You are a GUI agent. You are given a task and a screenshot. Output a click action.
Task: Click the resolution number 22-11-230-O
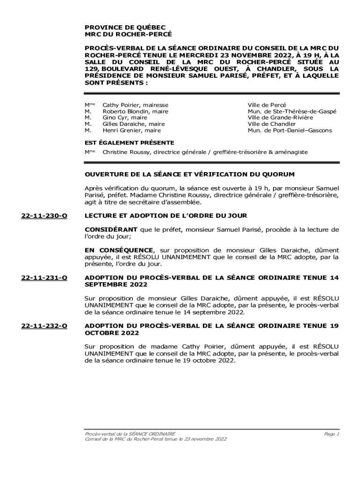[x=44, y=216]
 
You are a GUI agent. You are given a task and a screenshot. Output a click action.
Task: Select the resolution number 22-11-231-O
[x=44, y=278]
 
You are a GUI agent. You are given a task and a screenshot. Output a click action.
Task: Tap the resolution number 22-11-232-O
[x=44, y=326]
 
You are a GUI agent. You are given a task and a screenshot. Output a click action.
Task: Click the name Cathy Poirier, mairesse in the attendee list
[x=135, y=105]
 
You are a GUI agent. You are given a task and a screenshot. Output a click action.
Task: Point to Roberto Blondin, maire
[x=135, y=112]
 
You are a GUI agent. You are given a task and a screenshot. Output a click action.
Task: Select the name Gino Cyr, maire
[x=125, y=118]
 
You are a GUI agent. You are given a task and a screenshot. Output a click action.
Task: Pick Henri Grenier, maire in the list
[x=132, y=131]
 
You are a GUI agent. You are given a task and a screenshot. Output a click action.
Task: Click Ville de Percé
[x=266, y=105]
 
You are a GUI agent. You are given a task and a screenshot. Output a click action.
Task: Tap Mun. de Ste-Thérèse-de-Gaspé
[x=292, y=112]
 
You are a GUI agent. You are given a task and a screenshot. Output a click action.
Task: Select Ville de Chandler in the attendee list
[x=272, y=124]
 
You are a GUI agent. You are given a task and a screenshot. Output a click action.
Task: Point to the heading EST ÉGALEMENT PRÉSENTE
[x=129, y=143]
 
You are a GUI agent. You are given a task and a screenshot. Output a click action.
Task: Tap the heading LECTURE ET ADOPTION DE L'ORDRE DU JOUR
[x=166, y=216]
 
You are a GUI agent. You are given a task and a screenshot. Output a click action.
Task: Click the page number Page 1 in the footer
[x=331, y=434]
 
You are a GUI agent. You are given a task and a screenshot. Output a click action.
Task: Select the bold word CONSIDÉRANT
[x=111, y=229]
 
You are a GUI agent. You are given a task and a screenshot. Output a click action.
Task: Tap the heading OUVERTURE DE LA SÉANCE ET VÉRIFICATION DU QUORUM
[x=189, y=174]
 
